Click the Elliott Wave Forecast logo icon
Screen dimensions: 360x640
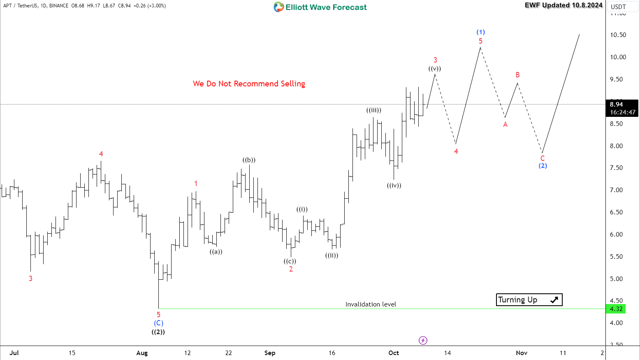click(x=279, y=7)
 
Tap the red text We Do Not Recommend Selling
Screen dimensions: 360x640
click(x=249, y=84)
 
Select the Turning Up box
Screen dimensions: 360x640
click(x=529, y=300)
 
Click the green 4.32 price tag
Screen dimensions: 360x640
click(x=616, y=309)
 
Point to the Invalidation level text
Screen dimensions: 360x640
click(x=371, y=304)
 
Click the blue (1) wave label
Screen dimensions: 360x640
click(x=480, y=32)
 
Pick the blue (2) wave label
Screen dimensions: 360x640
click(x=543, y=166)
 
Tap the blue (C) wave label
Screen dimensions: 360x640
click(x=158, y=323)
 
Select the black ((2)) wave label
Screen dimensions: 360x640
click(x=158, y=332)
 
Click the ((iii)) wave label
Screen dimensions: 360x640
click(x=374, y=110)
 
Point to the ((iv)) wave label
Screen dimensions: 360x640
click(x=394, y=186)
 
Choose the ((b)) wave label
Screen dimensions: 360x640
click(x=249, y=160)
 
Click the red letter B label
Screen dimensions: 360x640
click(x=518, y=75)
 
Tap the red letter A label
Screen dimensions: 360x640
click(x=506, y=124)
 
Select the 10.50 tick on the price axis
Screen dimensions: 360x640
click(x=618, y=35)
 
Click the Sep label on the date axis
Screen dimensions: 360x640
click(x=270, y=353)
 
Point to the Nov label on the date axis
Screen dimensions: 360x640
click(x=522, y=353)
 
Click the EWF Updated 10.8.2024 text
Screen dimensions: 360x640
click(x=563, y=5)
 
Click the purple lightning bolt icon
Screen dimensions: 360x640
click(x=423, y=340)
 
